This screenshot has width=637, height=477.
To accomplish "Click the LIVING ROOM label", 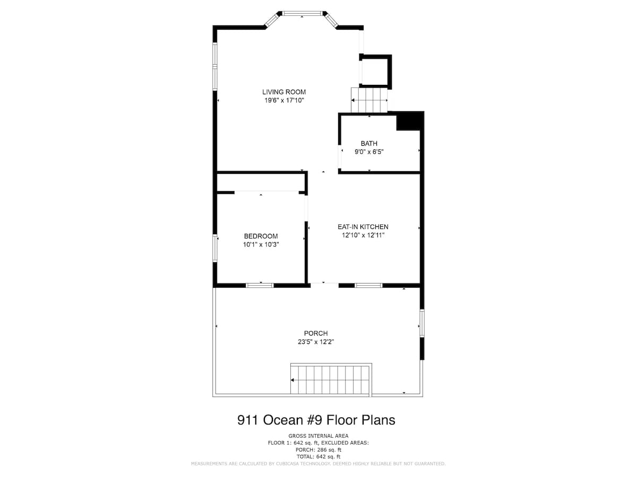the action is tap(284, 92).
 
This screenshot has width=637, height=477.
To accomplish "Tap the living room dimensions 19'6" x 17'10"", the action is tap(284, 101).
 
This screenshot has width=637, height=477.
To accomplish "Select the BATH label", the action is tap(369, 143).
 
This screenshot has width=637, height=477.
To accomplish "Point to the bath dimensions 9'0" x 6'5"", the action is tap(369, 152).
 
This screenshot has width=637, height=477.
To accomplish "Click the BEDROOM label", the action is tap(261, 236).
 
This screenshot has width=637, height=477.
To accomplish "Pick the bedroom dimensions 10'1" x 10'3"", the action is tap(261, 244).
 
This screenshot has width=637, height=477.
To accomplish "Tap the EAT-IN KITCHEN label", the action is tap(363, 227).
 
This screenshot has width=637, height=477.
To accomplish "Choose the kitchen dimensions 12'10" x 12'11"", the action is tap(363, 235).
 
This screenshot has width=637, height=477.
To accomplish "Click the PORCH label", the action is tap(316, 333).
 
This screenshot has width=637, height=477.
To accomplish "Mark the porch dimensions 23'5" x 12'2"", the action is tap(316, 342).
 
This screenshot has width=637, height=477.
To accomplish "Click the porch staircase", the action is tap(331, 379).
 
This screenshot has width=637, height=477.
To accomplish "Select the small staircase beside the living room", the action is tap(369, 100).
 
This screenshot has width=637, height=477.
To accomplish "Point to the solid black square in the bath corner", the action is tap(409, 121).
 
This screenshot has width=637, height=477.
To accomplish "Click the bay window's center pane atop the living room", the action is tap(302, 13).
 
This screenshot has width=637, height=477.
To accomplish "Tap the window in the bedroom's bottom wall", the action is tap(260, 285).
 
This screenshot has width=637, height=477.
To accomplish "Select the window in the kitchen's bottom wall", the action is tap(368, 285).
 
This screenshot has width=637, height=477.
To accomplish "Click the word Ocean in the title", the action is tap(283, 420).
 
